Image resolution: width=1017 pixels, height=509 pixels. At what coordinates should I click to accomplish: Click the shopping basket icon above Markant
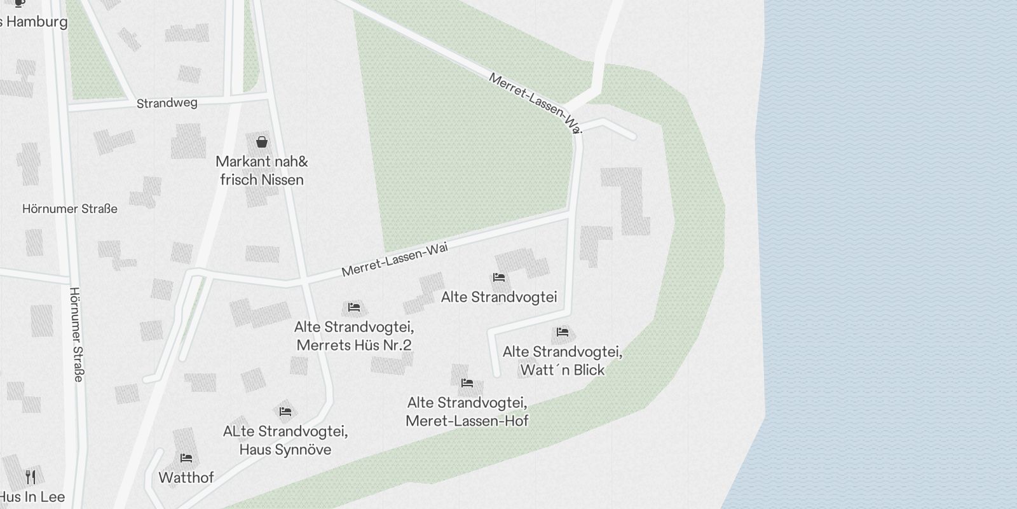pos(261,141)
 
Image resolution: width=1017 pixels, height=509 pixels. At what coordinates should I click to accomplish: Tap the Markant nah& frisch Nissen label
pos(261,171)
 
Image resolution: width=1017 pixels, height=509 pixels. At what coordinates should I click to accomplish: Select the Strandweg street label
pos(167,103)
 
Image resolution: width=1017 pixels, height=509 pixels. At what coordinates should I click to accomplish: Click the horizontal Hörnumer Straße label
pos(70,209)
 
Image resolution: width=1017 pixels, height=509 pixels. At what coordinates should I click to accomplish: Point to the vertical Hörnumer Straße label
pos(76,334)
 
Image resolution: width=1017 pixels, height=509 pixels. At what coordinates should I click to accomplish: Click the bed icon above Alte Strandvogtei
pos(499,277)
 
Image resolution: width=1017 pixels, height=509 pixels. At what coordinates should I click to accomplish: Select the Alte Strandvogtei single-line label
pos(499,297)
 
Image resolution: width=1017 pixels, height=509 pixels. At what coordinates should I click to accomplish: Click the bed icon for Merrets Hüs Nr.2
pos(354,307)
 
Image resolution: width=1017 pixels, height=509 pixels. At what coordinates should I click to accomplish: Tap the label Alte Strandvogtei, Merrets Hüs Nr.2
pos(354,336)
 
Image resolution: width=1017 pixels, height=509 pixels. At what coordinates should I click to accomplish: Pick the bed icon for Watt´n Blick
pos(562,331)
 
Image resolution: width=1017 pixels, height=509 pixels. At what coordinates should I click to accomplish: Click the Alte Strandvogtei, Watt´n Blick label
pos(562,361)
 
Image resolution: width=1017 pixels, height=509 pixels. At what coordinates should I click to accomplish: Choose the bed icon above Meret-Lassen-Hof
pos(467,382)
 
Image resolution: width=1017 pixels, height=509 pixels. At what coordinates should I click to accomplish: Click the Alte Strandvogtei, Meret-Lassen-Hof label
pos(467,412)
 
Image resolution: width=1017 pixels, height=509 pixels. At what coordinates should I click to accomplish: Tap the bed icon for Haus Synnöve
pos(285,412)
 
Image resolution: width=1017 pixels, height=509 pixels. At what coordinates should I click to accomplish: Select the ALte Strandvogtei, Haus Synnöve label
pos(285,440)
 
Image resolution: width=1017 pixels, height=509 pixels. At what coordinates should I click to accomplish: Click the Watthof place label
pos(186,477)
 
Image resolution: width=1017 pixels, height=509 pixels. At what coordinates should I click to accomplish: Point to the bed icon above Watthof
pos(186,457)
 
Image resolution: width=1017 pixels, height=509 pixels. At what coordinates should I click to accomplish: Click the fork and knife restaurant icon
pos(31,477)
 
